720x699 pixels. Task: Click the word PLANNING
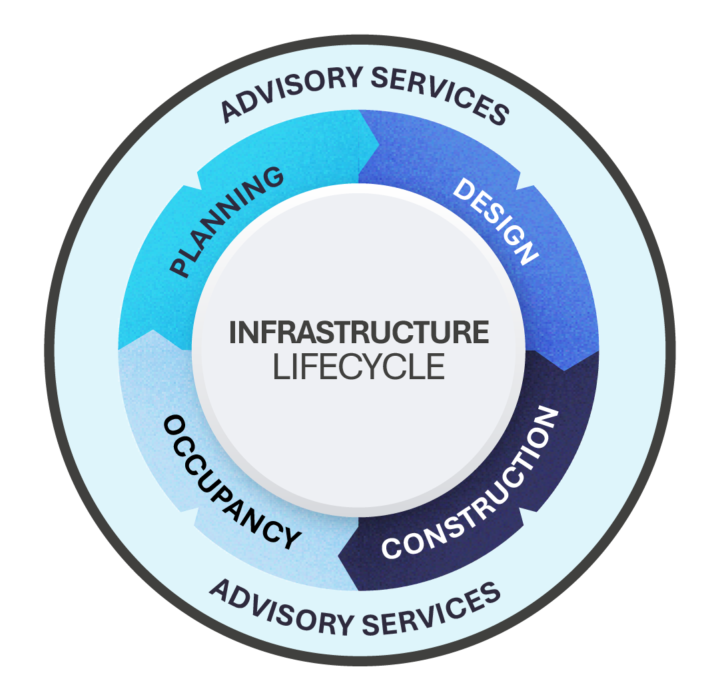(x=226, y=222)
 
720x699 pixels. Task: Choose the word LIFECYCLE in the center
(x=359, y=367)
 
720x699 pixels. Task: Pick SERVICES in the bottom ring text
(x=434, y=610)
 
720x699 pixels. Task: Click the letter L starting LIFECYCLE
(x=280, y=367)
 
